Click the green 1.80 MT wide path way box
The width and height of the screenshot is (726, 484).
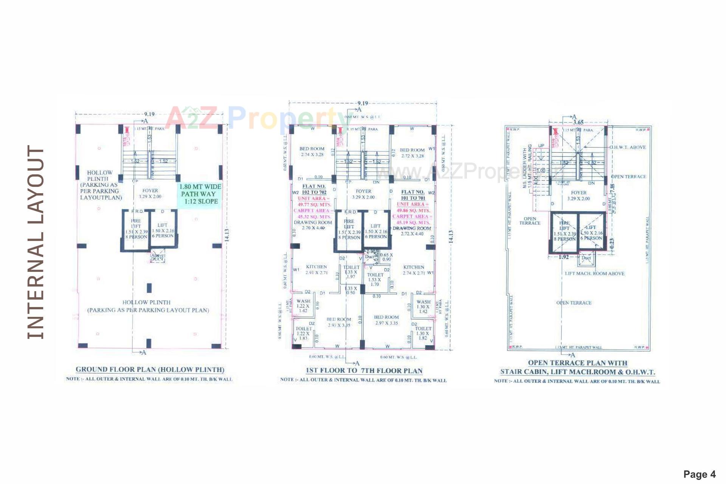click(x=200, y=194)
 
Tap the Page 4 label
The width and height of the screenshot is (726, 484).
click(x=699, y=474)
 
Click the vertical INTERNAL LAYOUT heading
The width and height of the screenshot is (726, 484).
click(x=36, y=242)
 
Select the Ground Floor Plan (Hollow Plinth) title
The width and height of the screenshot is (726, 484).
click(x=150, y=369)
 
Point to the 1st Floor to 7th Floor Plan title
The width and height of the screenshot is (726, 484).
click(x=364, y=371)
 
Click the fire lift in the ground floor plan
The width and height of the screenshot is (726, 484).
click(x=136, y=229)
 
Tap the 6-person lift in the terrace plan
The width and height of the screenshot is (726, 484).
click(x=591, y=233)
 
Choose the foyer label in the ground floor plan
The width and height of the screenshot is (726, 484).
click(x=150, y=193)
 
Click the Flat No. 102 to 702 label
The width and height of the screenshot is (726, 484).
click(x=314, y=189)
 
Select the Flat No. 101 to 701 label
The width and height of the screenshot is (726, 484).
click(x=413, y=195)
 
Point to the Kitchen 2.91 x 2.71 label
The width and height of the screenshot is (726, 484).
click(x=316, y=269)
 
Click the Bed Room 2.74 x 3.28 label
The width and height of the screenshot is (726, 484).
click(x=312, y=152)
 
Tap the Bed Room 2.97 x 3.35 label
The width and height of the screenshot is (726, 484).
click(x=386, y=320)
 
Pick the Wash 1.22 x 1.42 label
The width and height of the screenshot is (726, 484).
click(x=303, y=306)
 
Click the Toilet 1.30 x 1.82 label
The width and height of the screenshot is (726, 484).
click(x=423, y=333)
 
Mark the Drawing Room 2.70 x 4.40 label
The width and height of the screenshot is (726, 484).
click(x=313, y=225)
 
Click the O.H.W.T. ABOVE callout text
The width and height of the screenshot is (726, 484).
click(x=628, y=147)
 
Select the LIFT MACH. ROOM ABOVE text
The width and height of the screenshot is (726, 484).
click(x=594, y=273)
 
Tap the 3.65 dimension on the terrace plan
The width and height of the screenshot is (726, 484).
click(x=578, y=122)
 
